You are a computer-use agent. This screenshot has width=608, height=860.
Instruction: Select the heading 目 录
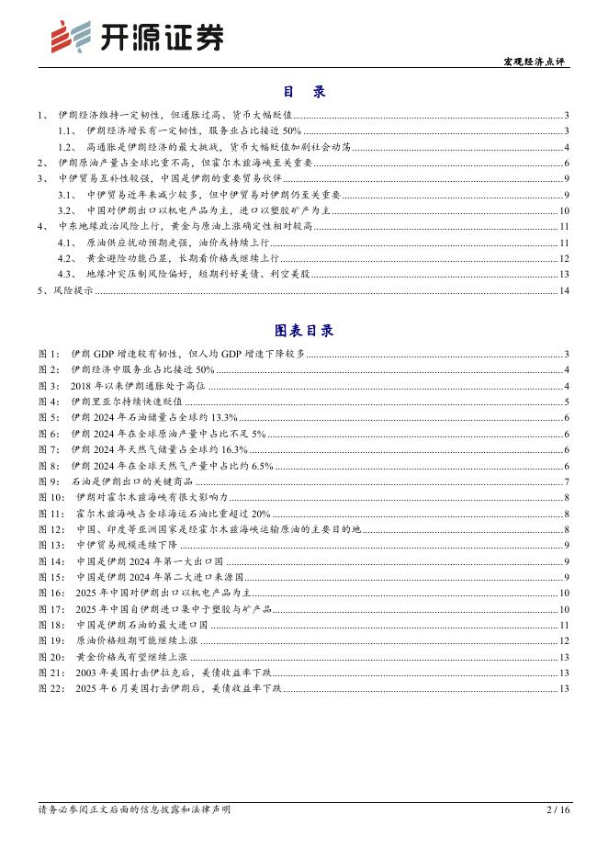tap(303, 92)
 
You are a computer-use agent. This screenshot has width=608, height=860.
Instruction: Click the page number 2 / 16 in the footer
tap(558, 835)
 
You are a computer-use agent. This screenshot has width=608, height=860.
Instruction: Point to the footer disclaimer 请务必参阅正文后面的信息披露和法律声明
tap(134, 835)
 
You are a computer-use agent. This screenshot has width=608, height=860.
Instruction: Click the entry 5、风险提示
tap(65, 291)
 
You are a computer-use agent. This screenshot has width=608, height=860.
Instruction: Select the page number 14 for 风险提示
tap(564, 291)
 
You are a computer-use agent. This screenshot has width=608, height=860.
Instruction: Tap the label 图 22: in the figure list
tap(52, 688)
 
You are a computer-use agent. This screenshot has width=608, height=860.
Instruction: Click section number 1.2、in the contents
tap(67, 147)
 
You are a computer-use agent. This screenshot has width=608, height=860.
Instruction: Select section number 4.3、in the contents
tap(67, 274)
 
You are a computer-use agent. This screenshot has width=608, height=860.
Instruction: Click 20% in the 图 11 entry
tap(259, 514)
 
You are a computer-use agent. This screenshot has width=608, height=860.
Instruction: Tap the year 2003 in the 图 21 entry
tap(89, 673)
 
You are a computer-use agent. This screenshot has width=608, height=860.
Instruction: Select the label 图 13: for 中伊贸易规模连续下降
tap(52, 545)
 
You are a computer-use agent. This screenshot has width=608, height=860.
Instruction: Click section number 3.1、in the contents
tap(67, 195)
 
